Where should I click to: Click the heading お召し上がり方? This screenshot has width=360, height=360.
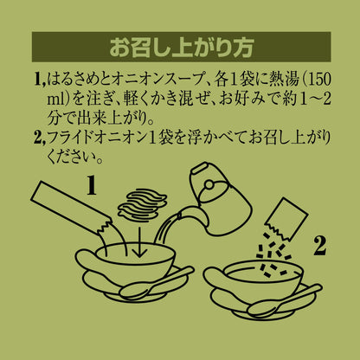pos(182,47)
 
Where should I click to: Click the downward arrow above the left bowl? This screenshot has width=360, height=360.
pos(139,241)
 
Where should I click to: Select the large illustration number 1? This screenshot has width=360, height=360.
pos(91,185)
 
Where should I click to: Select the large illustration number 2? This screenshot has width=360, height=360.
pos(320,246)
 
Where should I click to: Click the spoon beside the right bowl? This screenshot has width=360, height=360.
pos(284,301)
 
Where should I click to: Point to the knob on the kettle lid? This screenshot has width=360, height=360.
pos(210,183)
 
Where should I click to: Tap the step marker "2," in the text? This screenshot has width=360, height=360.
pos(40,138)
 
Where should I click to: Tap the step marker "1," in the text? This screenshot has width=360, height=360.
pos(40,80)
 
